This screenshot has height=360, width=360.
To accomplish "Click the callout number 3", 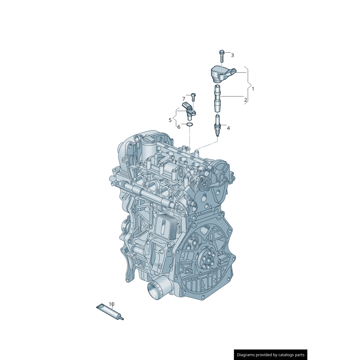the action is coord(232,55).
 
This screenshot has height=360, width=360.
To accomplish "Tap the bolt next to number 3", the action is coord(222,56).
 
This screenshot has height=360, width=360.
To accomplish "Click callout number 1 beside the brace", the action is coord(253,89).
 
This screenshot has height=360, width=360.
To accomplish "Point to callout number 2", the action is coord(245,100).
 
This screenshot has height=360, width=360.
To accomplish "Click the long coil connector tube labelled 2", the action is coord(217,99).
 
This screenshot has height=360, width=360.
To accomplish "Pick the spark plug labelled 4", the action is coord(217,126).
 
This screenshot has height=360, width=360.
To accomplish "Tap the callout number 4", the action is coord(228,128).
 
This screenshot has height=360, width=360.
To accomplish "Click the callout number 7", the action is coord(184,99).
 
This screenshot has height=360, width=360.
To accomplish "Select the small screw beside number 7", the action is coord(193,97).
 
